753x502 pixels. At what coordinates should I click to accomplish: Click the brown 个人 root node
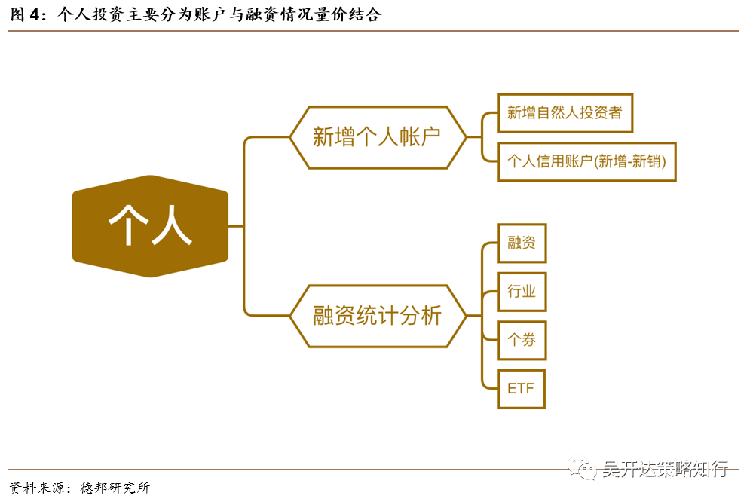150,225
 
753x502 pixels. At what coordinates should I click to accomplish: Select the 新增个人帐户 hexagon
378,137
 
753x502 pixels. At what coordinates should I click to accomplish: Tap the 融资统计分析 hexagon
378,315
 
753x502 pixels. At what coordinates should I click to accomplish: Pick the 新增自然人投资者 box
565,113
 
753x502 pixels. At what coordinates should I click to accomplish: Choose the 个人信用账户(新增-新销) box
586,161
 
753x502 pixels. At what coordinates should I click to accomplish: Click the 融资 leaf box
522,243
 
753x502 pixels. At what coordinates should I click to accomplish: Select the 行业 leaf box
522,291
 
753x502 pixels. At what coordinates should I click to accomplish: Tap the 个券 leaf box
522,340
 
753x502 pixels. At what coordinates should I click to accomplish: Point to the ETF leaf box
522,389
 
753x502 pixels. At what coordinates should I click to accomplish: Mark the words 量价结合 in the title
354,14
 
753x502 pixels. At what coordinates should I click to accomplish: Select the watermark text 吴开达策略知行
664,470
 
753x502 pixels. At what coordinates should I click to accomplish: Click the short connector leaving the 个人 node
235,225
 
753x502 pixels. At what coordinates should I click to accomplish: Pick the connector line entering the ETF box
490,389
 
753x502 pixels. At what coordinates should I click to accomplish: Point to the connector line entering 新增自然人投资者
490,113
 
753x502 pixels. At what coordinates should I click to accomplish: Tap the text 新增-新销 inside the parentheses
630,161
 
